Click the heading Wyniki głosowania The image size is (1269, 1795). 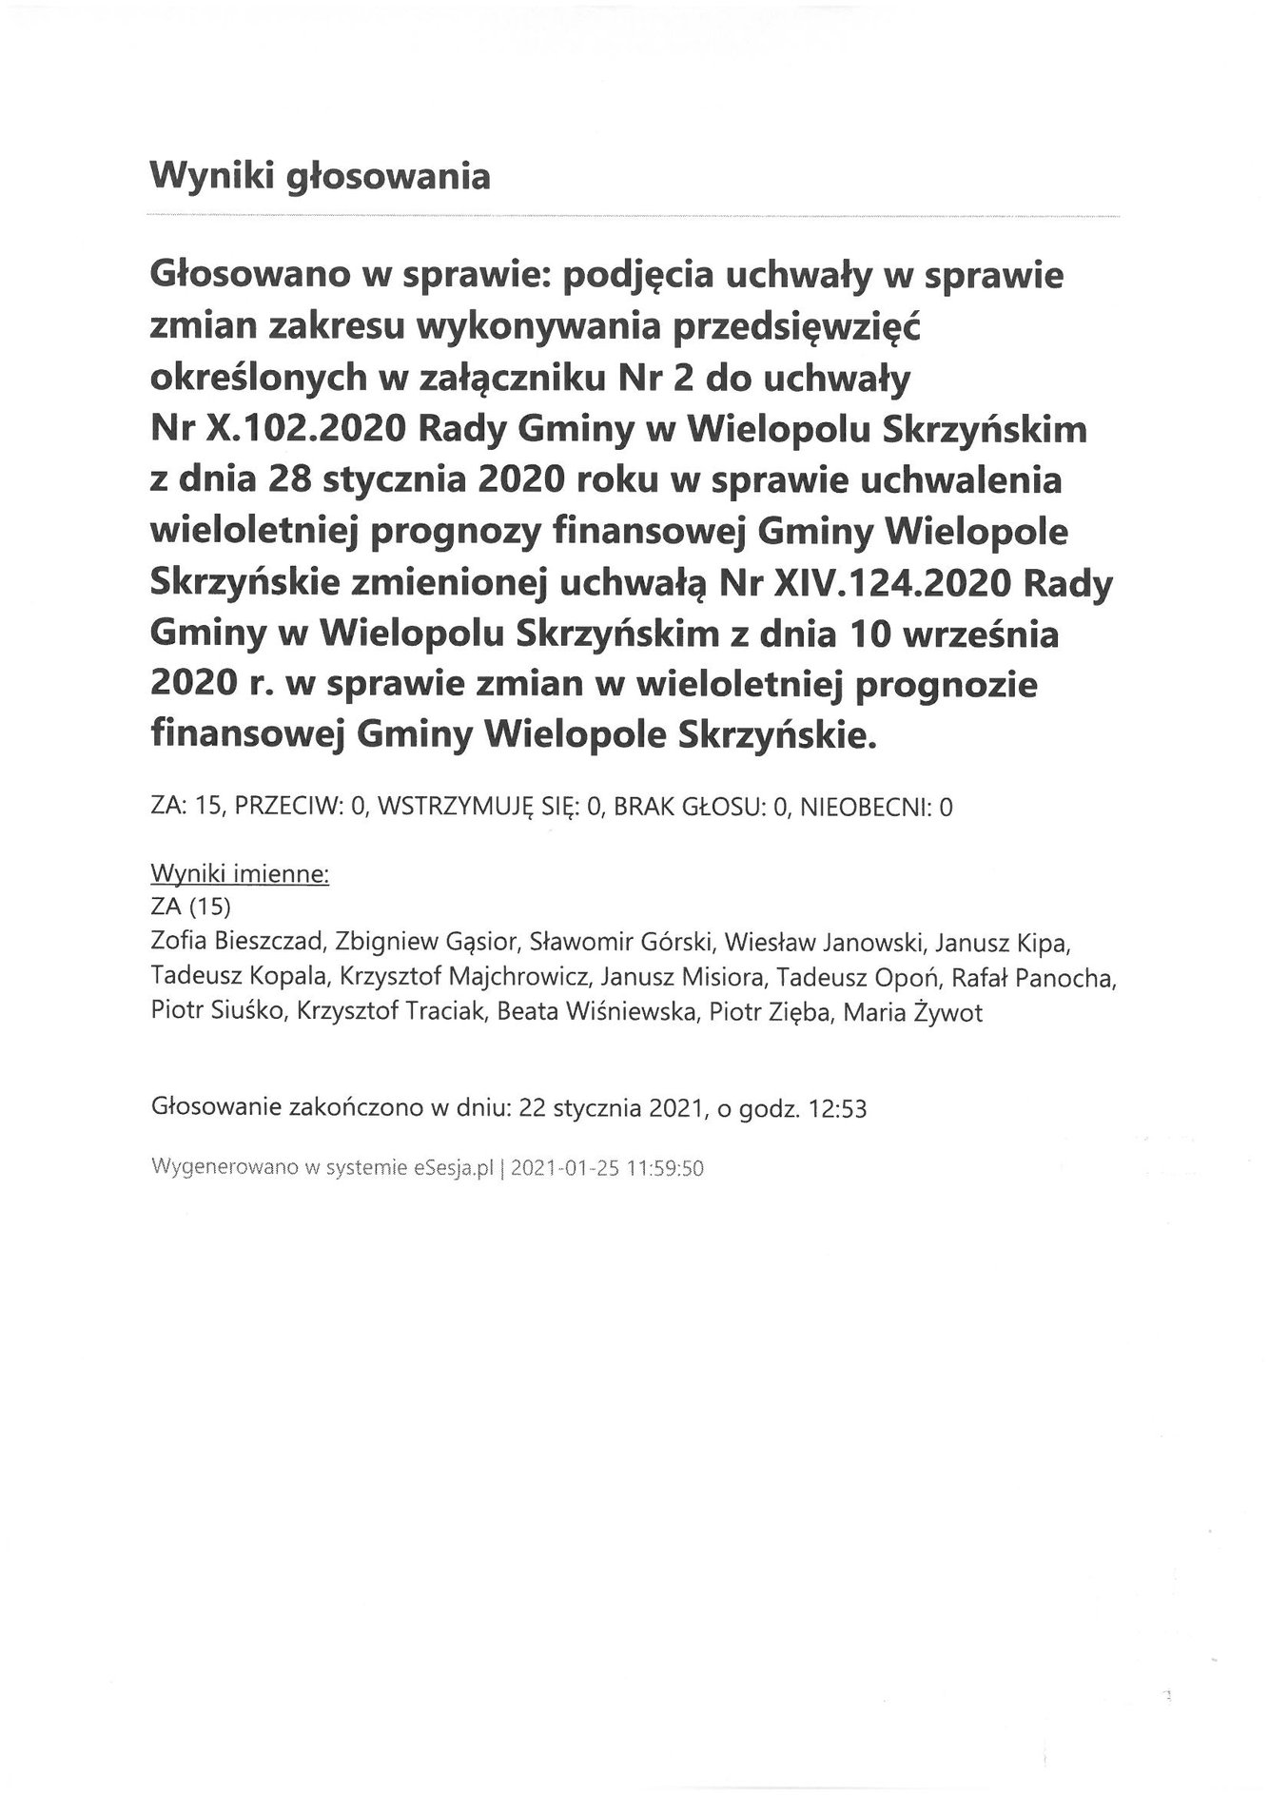click(x=320, y=177)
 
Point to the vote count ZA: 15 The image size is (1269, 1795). click(x=186, y=809)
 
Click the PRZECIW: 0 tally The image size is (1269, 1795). click(x=302, y=809)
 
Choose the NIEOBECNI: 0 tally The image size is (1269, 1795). click(x=877, y=809)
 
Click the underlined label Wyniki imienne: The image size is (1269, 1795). click(x=240, y=874)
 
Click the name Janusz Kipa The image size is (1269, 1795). click(x=1004, y=943)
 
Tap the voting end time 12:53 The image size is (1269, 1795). click(x=837, y=1109)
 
